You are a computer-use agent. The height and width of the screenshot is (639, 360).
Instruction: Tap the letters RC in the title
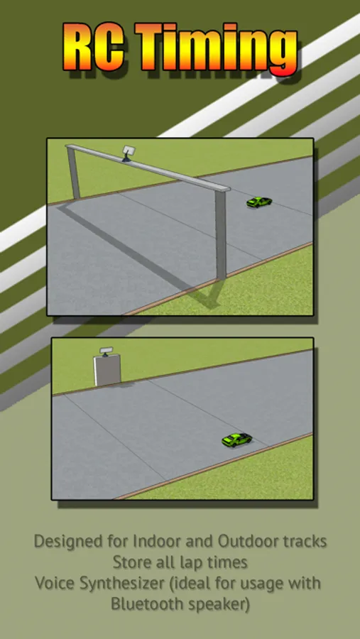click(94, 46)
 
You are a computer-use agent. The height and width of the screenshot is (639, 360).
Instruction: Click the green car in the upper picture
click(259, 202)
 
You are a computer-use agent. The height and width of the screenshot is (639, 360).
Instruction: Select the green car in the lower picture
click(237, 439)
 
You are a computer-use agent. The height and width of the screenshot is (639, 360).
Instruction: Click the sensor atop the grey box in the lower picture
click(106, 351)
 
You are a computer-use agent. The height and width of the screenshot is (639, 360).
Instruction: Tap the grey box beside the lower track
click(108, 370)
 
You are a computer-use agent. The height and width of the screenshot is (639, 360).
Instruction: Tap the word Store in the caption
click(128, 562)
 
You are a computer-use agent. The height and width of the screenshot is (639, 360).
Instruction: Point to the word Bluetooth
click(146, 603)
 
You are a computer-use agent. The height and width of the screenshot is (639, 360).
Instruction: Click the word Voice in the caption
click(55, 583)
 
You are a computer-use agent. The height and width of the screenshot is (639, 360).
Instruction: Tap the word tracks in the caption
click(305, 541)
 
